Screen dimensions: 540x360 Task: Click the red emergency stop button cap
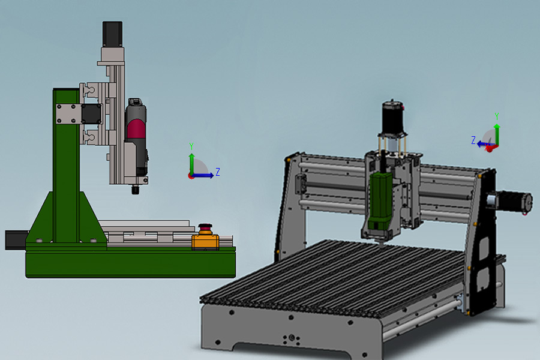(205, 227)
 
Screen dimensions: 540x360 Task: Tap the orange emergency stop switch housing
(205, 241)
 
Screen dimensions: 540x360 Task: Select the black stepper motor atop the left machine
(112, 34)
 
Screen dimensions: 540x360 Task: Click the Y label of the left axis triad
(191, 146)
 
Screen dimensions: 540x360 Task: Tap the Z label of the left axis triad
(218, 172)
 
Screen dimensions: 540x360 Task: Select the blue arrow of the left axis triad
(203, 175)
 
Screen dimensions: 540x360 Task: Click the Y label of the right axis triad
(497, 116)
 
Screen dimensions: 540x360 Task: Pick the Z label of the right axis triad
(473, 140)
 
